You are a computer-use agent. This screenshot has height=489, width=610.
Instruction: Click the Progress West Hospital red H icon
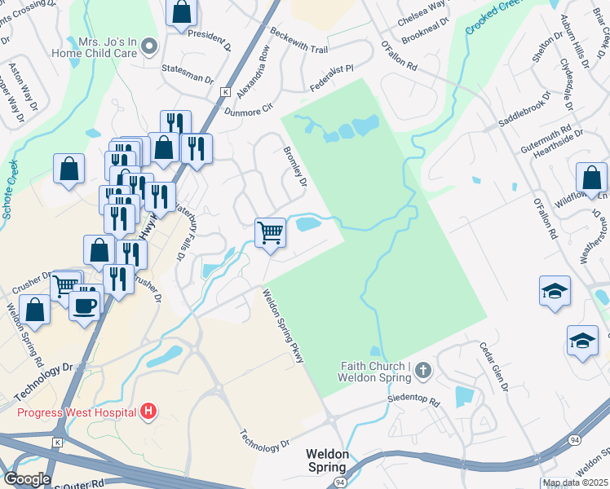(148, 412)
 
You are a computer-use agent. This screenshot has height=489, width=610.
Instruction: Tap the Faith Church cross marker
(422, 372)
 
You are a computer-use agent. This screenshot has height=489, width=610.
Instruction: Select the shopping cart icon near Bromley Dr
(270, 231)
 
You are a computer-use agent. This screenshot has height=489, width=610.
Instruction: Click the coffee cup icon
(84, 306)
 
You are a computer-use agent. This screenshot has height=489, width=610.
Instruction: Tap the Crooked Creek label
(494, 18)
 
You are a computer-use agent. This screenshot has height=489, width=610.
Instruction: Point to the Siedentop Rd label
(413, 403)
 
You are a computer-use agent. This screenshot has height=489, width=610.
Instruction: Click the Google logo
(27, 479)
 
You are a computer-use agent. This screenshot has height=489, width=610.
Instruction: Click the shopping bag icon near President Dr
(182, 12)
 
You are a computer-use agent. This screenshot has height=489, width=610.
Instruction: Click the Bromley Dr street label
(294, 166)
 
